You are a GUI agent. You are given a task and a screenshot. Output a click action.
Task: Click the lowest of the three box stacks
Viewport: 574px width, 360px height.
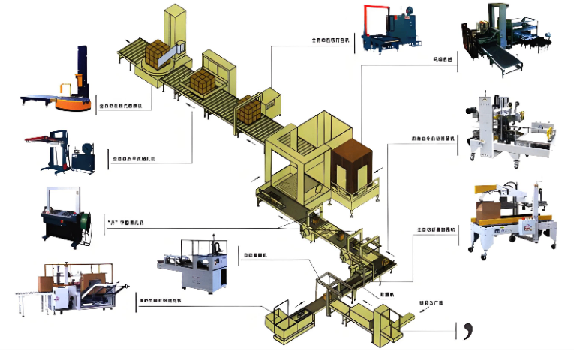tap(250, 111)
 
